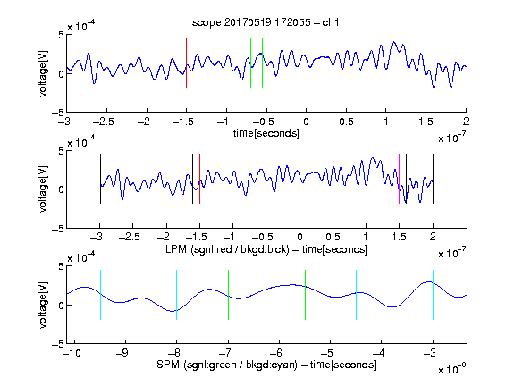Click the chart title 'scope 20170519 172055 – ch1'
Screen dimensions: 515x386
click(x=266, y=22)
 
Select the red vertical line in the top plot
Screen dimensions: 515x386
click(x=186, y=63)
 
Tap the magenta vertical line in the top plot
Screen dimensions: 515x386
click(x=426, y=63)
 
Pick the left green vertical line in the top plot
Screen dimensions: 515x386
click(x=250, y=63)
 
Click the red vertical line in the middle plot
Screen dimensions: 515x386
click(x=199, y=179)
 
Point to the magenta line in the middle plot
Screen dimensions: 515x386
click(x=399, y=179)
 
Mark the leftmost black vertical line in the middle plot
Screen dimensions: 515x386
click(x=100, y=179)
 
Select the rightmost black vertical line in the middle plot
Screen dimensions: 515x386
click(x=433, y=179)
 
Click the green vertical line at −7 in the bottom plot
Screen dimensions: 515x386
click(x=228, y=295)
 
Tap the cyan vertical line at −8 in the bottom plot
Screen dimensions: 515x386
click(x=176, y=295)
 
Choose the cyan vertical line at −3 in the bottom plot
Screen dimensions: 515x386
click(x=433, y=295)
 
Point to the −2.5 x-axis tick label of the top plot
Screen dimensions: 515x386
click(x=103, y=122)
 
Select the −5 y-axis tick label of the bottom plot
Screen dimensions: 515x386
click(x=58, y=344)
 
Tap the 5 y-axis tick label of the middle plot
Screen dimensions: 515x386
click(x=61, y=151)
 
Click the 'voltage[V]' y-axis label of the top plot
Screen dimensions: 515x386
click(x=43, y=73)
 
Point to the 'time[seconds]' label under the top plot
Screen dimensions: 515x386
click(x=266, y=133)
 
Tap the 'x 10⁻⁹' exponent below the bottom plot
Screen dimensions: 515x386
click(x=452, y=369)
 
